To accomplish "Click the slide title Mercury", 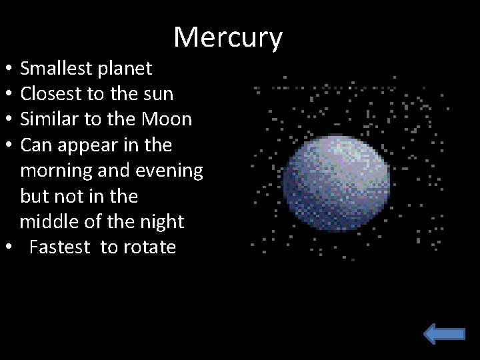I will click(228, 38).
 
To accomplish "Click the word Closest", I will click(51, 94).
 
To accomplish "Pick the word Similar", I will click(49, 119).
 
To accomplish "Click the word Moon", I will click(170, 119).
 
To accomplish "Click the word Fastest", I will click(59, 247).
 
